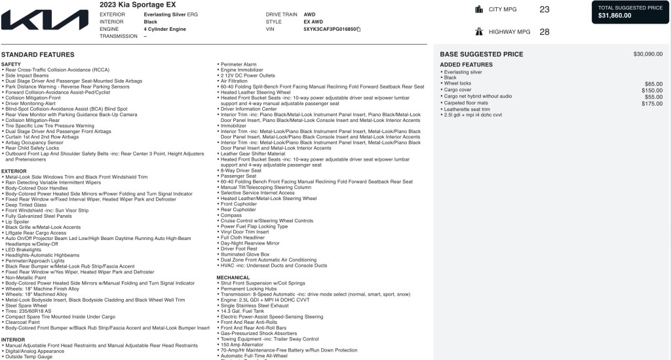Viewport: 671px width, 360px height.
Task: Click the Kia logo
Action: click(45, 19)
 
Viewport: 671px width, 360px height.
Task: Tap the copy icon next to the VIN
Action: click(358, 30)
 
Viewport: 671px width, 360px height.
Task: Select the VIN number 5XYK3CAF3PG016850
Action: click(330, 30)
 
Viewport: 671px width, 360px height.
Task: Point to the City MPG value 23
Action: click(545, 9)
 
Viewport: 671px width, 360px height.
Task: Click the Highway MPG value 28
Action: click(545, 31)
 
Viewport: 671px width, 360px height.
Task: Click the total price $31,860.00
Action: click(615, 16)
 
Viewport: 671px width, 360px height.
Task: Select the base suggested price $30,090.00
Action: click(647, 54)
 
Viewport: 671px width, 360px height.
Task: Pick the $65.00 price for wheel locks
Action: click(653, 84)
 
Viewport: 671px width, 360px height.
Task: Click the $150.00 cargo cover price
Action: click(652, 90)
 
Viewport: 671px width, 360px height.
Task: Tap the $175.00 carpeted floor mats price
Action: click(652, 104)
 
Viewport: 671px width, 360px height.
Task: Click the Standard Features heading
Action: click(38, 54)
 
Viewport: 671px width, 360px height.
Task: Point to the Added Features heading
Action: click(466, 65)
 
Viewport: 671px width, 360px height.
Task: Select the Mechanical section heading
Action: click(233, 277)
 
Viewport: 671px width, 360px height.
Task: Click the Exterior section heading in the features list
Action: click(14, 171)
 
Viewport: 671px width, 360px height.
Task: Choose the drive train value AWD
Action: click(309, 14)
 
